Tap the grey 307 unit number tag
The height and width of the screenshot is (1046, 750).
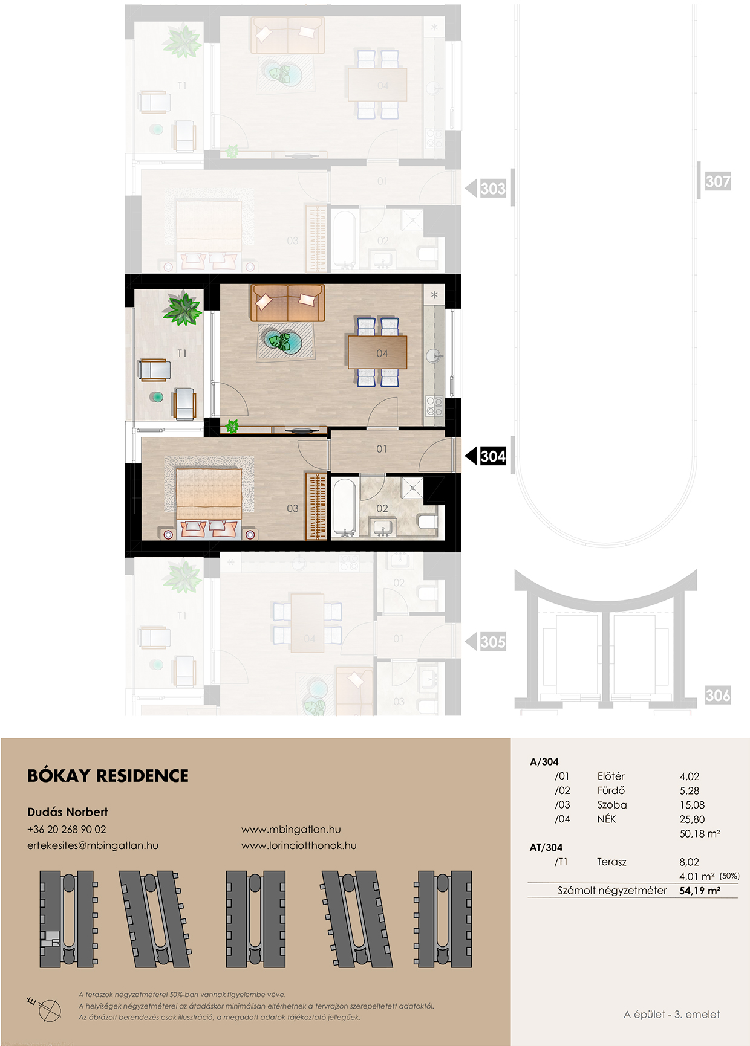pos(718,181)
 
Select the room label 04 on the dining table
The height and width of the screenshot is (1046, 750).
pos(382,354)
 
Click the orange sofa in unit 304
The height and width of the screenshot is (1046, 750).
pos(287,303)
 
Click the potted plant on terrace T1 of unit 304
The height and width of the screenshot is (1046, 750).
pos(182,309)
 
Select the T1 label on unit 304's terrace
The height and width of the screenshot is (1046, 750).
pos(182,354)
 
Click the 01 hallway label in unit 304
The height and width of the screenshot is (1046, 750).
pos(382,449)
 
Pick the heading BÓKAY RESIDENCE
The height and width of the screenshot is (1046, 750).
pos(108,776)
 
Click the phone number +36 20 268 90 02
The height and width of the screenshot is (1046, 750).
pos(67,830)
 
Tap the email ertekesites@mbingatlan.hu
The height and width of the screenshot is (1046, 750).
pos(93,845)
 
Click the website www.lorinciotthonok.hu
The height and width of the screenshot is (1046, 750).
pos(299,845)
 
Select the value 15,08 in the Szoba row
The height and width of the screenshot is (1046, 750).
pos(692,805)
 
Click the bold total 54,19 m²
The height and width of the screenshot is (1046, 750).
pos(700,891)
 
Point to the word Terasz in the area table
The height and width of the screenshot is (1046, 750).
pos(611,862)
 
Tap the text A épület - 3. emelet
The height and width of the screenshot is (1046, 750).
pos(672,1015)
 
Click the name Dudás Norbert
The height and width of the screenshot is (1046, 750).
pos(68,812)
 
